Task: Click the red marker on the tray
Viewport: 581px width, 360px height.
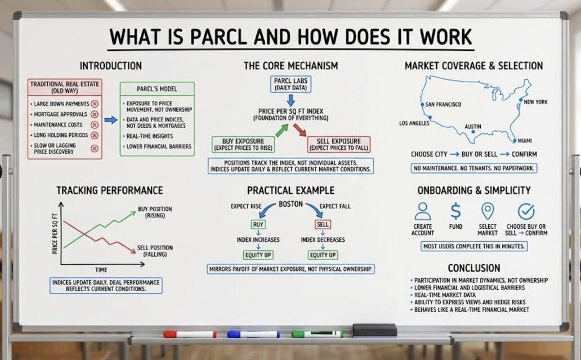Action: point(190,334)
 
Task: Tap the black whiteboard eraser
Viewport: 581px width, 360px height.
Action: point(374,330)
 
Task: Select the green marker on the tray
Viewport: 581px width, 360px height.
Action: point(317,334)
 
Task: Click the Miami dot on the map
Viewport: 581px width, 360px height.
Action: point(515,140)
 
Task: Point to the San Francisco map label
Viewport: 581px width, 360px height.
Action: point(443,105)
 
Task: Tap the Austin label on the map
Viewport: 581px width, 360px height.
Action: point(473,126)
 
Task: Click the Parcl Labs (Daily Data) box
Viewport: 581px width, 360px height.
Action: point(290,84)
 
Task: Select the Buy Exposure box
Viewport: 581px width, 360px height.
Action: point(243,144)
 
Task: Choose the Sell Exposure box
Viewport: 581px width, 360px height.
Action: point(339,144)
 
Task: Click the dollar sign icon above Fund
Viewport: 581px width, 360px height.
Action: point(456,211)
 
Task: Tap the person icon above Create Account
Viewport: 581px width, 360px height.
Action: point(423,211)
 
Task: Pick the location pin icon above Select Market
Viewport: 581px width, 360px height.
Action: point(488,211)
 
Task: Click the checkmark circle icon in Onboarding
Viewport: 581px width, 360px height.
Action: point(526,211)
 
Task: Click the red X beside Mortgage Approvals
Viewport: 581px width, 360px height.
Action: point(95,114)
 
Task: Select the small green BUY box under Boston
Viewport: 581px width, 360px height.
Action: point(258,224)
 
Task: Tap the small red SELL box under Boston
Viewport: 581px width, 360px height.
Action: point(323,224)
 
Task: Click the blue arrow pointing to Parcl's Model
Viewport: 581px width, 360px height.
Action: point(111,120)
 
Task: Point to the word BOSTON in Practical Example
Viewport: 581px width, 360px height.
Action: point(291,205)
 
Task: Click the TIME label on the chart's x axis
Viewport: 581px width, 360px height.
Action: point(101,269)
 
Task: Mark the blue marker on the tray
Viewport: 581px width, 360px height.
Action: point(254,334)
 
